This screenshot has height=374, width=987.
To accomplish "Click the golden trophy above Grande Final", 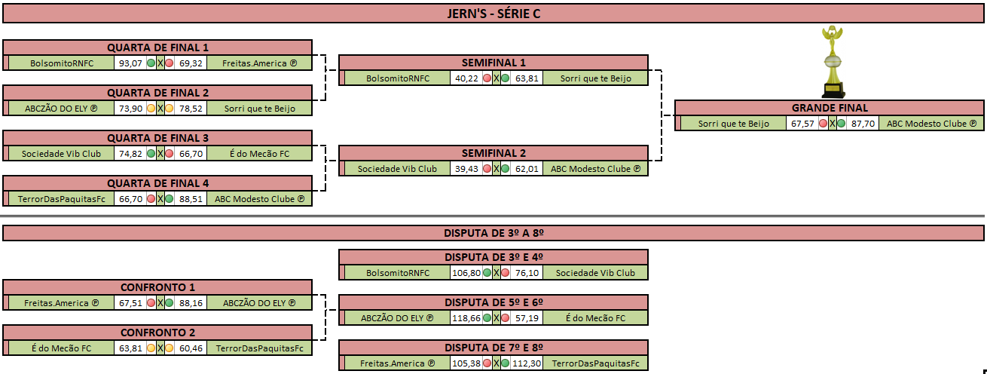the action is pyautogui.click(x=833, y=61).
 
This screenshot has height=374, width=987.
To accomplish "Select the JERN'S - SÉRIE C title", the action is pyautogui.click(x=494, y=14).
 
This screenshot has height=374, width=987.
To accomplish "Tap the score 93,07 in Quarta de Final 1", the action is pyautogui.click(x=130, y=63).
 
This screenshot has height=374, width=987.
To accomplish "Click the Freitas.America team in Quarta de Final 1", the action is pyautogui.click(x=259, y=63).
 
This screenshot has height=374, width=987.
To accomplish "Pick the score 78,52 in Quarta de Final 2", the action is pyautogui.click(x=191, y=109).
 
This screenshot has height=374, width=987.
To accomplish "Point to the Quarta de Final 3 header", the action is pyautogui.click(x=157, y=138).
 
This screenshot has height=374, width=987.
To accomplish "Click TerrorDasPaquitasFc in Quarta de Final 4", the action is pyautogui.click(x=62, y=199).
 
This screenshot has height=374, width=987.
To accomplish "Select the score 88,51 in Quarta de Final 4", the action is pyautogui.click(x=191, y=199).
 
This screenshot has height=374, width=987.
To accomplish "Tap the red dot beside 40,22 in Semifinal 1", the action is pyautogui.click(x=487, y=78).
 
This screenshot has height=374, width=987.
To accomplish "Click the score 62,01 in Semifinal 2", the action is pyautogui.click(x=527, y=169).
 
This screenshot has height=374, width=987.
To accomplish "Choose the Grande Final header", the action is pyautogui.click(x=830, y=108).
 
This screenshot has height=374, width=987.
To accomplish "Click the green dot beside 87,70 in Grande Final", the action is pyautogui.click(x=841, y=124).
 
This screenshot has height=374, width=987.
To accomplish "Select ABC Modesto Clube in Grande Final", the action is pyautogui.click(x=931, y=124).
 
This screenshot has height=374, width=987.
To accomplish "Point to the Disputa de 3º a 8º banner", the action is pyautogui.click(x=494, y=233).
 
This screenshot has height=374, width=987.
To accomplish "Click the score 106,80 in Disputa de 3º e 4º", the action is pyautogui.click(x=466, y=273).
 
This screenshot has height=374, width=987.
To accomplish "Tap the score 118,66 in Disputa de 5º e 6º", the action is pyautogui.click(x=466, y=318).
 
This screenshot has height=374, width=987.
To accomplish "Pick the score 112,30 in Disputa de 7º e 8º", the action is pyautogui.click(x=527, y=363).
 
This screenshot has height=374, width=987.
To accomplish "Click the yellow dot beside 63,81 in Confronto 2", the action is pyautogui.click(x=151, y=348).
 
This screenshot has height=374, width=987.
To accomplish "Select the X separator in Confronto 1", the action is pyautogui.click(x=160, y=303).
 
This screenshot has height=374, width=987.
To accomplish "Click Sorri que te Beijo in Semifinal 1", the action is pyautogui.click(x=596, y=78).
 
